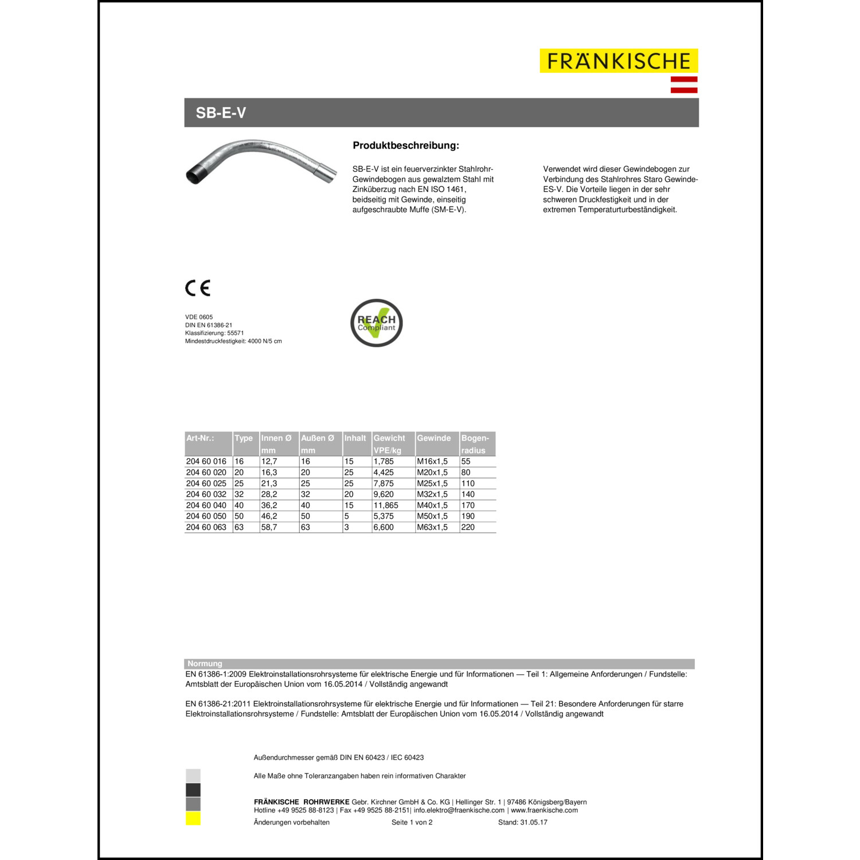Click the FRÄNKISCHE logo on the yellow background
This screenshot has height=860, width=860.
tap(619, 61)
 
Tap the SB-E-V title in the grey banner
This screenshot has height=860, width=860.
tap(221, 113)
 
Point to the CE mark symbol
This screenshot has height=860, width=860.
tap(198, 288)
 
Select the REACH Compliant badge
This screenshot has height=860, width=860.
tap(377, 323)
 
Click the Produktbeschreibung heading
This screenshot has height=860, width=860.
tap(406, 146)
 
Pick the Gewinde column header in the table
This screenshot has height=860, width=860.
tap(434, 438)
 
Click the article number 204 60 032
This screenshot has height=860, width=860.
tap(206, 494)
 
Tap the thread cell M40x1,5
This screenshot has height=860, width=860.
tap(432, 505)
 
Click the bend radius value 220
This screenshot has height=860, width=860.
tap(468, 527)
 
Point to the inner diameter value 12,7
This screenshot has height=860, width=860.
tap(269, 462)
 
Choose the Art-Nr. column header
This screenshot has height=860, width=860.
tap(200, 438)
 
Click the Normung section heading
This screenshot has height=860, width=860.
tap(205, 664)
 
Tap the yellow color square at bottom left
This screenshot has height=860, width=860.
tap(193, 819)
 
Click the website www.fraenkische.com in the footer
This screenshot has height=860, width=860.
tap(544, 810)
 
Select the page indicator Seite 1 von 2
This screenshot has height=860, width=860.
tap(412, 822)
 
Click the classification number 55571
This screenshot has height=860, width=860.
tap(236, 333)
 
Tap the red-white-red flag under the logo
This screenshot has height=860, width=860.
tap(684, 84)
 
